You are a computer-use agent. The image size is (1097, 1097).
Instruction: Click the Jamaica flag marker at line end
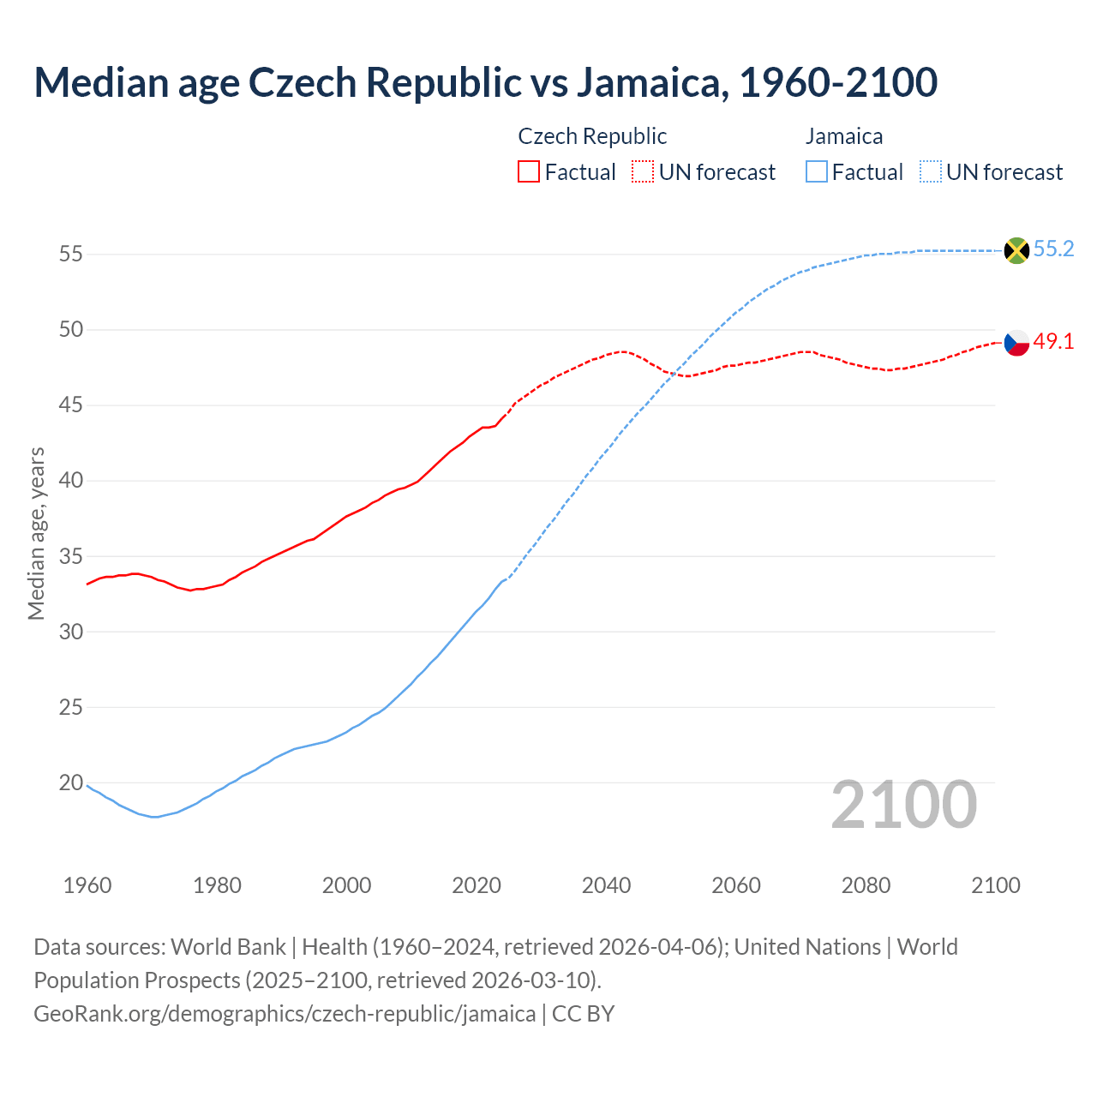pos(1016,250)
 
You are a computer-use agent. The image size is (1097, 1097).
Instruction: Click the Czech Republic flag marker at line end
pos(1016,342)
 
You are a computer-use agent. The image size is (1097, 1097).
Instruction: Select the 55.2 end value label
pos(1053,249)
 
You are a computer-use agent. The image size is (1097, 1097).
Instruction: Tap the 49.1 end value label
pos(1053,341)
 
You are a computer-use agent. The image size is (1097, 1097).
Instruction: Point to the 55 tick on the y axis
pos(70,255)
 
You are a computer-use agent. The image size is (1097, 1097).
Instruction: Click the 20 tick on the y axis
pos(70,782)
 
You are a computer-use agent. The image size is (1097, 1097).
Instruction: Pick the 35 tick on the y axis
pos(70,556)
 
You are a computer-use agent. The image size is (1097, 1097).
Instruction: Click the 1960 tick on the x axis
pos(87,885)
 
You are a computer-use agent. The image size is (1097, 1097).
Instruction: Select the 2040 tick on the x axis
pos(606,885)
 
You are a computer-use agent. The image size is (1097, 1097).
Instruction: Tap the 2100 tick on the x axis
pos(995,885)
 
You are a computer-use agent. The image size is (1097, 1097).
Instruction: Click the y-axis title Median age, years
pos(36,533)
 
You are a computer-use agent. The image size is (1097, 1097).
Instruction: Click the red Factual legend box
pos(529,172)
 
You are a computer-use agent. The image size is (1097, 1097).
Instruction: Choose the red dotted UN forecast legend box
pos(643,172)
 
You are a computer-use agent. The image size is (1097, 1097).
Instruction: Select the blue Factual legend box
pos(817,172)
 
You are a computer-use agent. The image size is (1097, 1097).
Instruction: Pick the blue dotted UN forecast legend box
pos(931,172)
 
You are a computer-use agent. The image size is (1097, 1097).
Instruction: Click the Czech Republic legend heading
pos(592,136)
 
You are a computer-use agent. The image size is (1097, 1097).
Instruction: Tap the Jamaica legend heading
pos(844,136)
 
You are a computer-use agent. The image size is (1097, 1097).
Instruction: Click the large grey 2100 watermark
pos(904,805)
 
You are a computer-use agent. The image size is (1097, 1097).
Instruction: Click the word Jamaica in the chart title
pos(651,82)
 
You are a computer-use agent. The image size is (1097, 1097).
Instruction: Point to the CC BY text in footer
pos(583,1014)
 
